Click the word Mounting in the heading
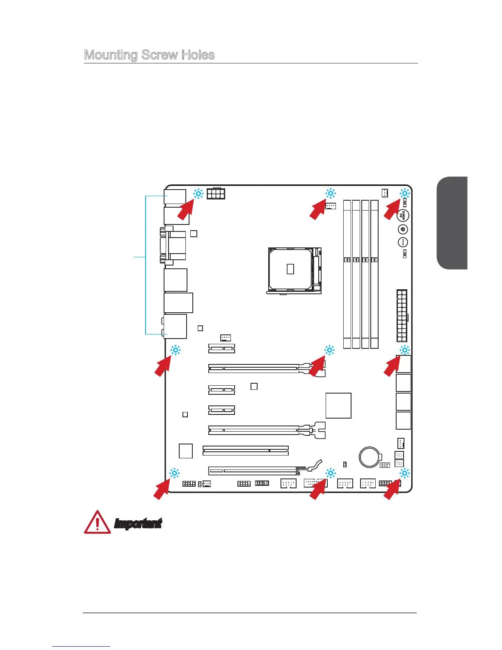pos(110,55)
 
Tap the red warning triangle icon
pos(97,522)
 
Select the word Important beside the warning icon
pos(138,524)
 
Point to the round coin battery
pos(370,456)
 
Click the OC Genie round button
pos(403,215)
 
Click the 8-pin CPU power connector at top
pos(216,194)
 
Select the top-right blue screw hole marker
pos(405,194)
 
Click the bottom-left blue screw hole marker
pos(174,473)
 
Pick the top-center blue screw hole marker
pos(330,194)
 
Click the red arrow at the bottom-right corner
pos(392,490)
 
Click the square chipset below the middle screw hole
pos(338,405)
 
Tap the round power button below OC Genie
pos(403,229)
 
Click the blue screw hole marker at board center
pos(329,350)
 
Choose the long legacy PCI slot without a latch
pos(246,451)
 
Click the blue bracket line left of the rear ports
pos(146,265)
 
